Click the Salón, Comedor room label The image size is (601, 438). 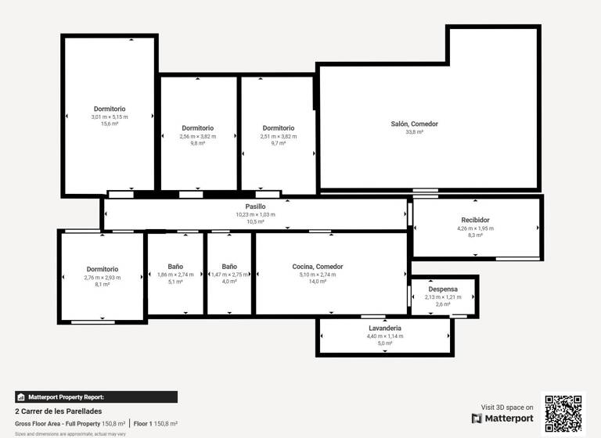pos(414,124)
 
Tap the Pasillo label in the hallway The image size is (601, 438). pos(255,206)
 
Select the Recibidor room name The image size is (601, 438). pos(475,220)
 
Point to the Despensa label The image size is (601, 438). pos(443,289)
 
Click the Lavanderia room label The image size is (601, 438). pos(384,328)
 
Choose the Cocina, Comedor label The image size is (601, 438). pos(317,267)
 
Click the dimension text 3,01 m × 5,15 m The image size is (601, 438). pos(110,117)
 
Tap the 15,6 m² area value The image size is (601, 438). pos(110,124)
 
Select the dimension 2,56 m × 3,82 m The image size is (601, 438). pos(197,136)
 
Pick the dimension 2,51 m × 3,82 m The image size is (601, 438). pos(278,136)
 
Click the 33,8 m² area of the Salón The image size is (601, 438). pos(414,132)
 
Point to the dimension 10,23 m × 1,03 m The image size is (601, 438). pos(255,214)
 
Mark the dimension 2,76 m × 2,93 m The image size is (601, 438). pos(103,277)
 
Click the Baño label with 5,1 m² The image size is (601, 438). pos(175,267)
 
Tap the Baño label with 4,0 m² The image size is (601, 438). pos(229,267)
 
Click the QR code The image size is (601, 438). pos(563,413)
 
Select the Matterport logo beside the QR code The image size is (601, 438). pos(502,418)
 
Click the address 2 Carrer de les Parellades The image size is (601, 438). pos(58,411)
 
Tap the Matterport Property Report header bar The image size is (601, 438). pos(95,397)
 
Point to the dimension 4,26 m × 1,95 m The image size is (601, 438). pos(475,228)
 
